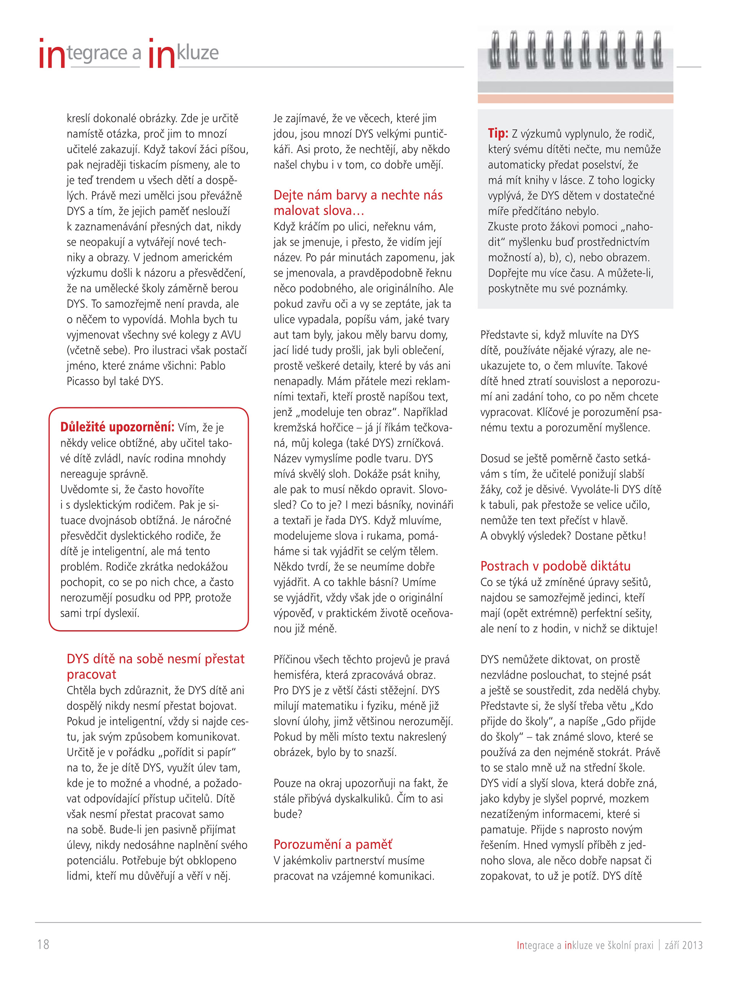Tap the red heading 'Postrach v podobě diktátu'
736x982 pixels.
coord(555,566)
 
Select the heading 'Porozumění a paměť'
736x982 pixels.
coord(332,844)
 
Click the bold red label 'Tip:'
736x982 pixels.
coord(498,133)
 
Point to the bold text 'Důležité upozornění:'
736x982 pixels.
coord(117,427)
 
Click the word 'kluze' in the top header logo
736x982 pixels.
coord(198,53)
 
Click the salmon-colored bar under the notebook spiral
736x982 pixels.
coord(575,99)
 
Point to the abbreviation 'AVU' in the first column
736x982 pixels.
coord(233,335)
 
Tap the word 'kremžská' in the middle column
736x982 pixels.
coord(294,427)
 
